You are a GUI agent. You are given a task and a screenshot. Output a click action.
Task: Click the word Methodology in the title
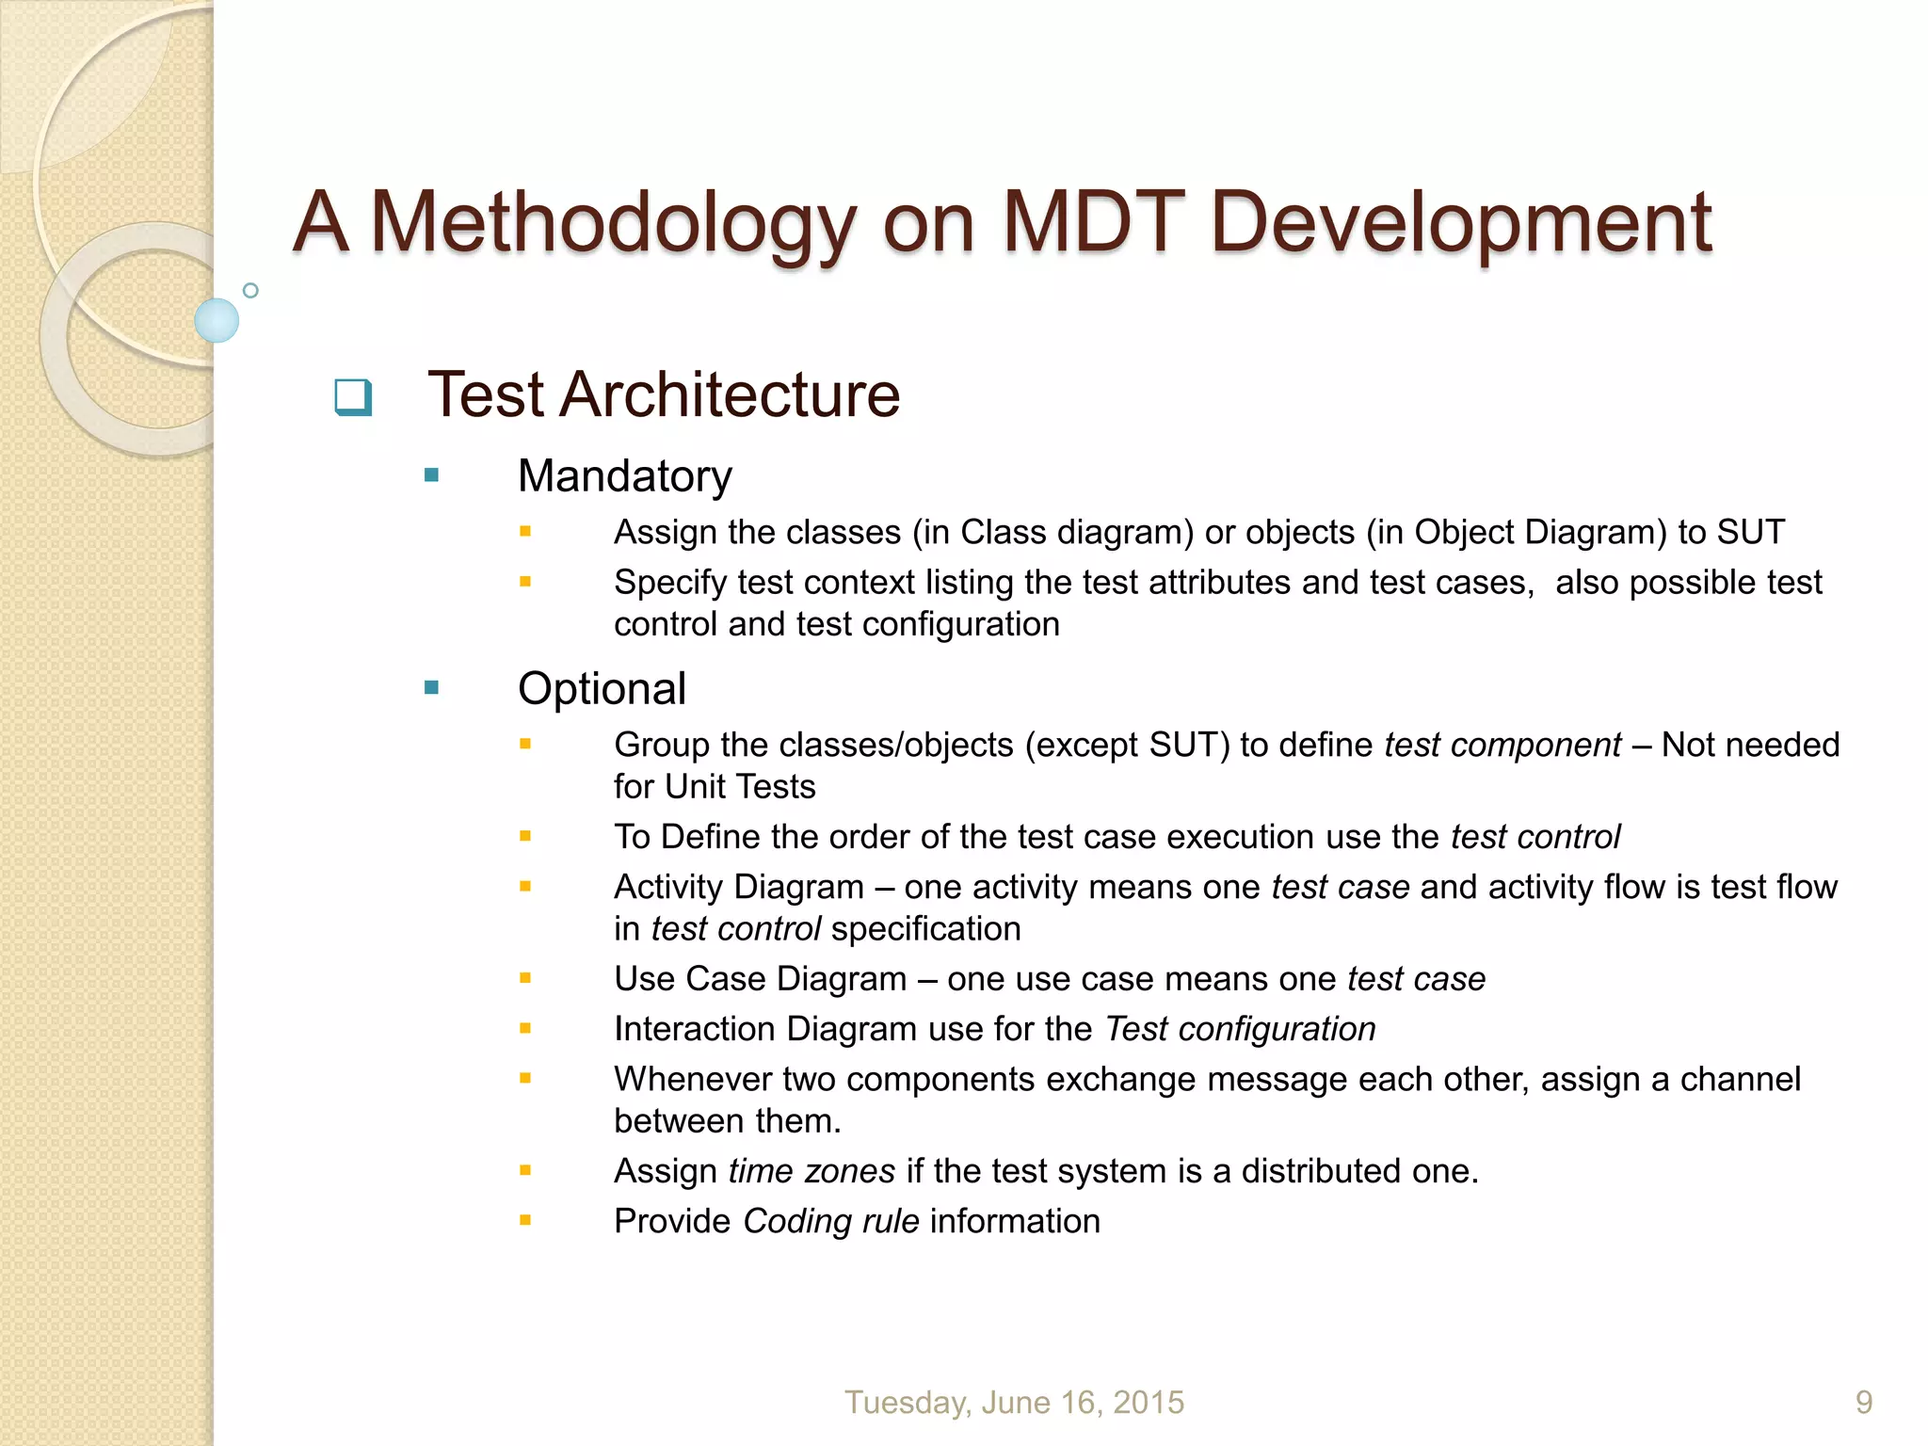pyautogui.click(x=613, y=224)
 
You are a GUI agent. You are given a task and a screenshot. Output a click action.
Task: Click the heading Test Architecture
pyautogui.click(x=664, y=394)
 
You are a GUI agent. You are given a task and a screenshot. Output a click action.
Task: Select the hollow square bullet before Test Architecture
pyautogui.click(x=353, y=397)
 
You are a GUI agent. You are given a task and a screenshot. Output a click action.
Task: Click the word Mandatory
pyautogui.click(x=624, y=476)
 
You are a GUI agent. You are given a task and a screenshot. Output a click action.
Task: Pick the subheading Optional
pyautogui.click(x=602, y=689)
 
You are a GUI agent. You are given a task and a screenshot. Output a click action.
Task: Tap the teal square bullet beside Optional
pyautogui.click(x=432, y=688)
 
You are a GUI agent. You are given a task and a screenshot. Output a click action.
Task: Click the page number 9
pyautogui.click(x=1863, y=1403)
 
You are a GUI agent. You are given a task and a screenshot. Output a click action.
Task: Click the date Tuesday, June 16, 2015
pyautogui.click(x=1014, y=1403)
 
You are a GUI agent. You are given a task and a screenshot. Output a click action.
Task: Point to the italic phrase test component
pyautogui.click(x=1502, y=746)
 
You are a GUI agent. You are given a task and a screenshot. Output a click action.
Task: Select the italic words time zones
pyautogui.click(x=811, y=1171)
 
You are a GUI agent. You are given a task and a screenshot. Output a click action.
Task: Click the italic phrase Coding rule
pyautogui.click(x=830, y=1222)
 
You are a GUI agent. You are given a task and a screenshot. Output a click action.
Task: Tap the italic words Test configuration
pyautogui.click(x=1240, y=1030)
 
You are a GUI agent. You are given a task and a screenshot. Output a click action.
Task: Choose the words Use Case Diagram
pyautogui.click(x=761, y=980)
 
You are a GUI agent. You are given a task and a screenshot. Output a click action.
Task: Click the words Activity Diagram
pyautogui.click(x=739, y=888)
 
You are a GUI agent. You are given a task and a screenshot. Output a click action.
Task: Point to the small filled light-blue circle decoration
pyautogui.click(x=217, y=321)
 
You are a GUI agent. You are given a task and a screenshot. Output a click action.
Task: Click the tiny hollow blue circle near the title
pyautogui.click(x=250, y=291)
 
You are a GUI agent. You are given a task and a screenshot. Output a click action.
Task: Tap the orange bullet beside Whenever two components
pyautogui.click(x=525, y=1079)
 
